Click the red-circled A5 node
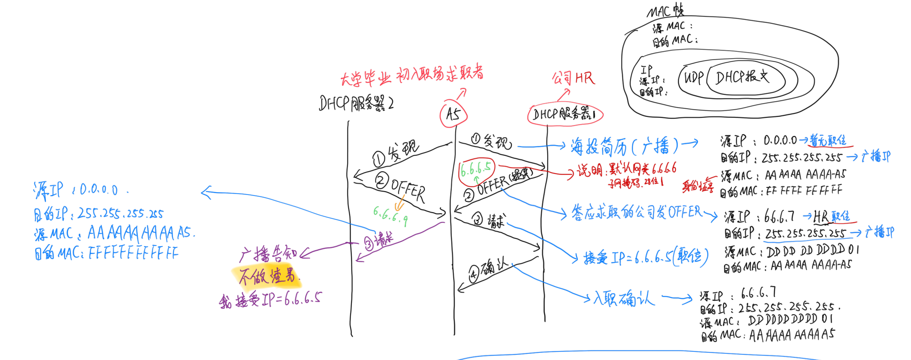[453, 114]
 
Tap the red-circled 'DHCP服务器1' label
[564, 114]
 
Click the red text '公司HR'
[573, 78]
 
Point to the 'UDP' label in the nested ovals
[694, 78]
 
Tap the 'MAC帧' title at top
[665, 11]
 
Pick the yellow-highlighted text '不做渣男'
[267, 276]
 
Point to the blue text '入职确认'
[624, 299]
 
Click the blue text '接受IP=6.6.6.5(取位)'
[646, 257]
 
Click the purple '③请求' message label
[379, 241]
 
